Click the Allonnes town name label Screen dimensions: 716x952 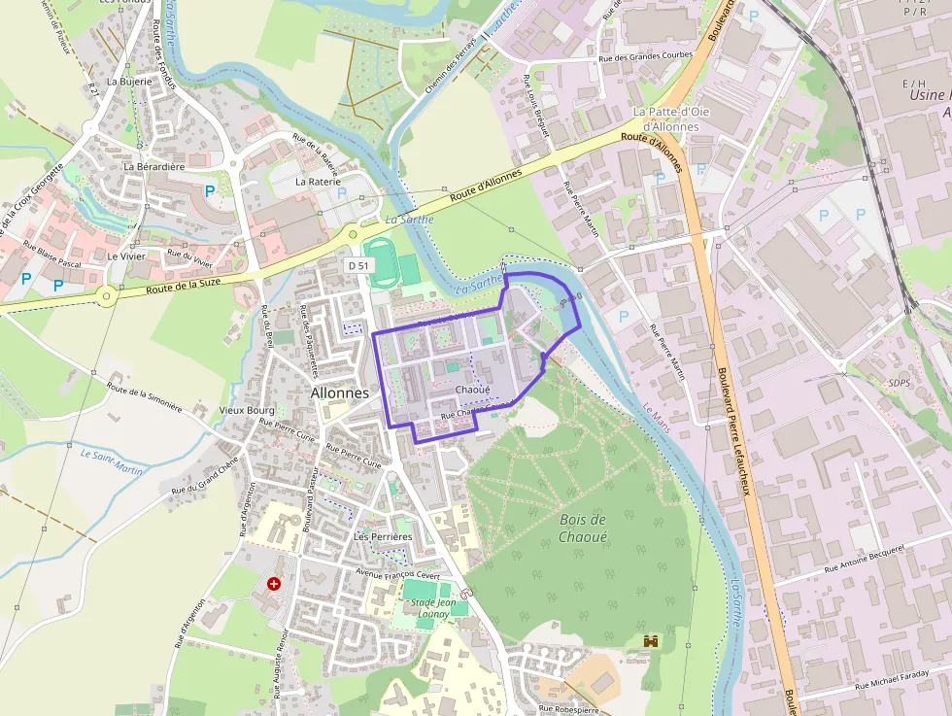click(340, 393)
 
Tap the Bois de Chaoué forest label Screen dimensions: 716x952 click(584, 528)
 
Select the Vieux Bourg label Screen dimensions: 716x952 click(247, 411)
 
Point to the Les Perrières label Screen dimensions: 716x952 click(383, 536)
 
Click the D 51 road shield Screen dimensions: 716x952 click(358, 265)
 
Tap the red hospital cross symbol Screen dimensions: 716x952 click(274, 584)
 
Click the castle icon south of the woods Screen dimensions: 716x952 click(651, 642)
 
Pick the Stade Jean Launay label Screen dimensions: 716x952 click(430, 607)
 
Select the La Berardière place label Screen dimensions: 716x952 click(153, 166)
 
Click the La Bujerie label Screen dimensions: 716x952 click(130, 82)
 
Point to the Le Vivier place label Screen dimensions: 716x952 click(126, 256)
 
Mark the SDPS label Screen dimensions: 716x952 click(900, 382)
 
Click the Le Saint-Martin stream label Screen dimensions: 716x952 click(112, 460)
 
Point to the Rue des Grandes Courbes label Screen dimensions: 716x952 click(645, 56)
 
